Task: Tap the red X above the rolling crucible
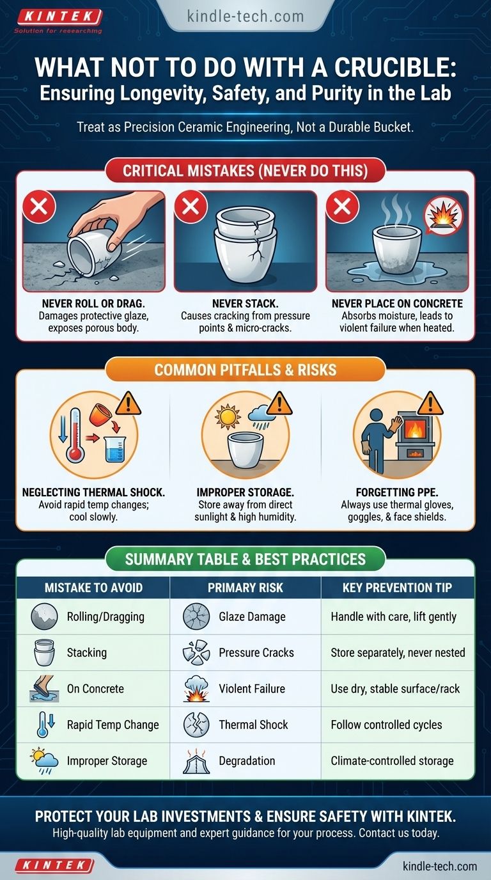tap(39, 207)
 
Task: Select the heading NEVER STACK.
tap(245, 304)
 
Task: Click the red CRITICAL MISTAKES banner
tap(245, 171)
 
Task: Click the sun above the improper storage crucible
tap(228, 417)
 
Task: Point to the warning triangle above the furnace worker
tap(430, 404)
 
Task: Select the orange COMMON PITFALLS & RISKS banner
tap(245, 370)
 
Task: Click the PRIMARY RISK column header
tap(245, 588)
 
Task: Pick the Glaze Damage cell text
tap(252, 617)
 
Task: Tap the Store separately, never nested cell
tap(398, 652)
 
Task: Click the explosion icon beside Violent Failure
tap(196, 688)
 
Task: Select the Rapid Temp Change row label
tap(113, 725)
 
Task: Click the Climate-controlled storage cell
tap(392, 761)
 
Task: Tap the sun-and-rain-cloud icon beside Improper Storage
tap(44, 760)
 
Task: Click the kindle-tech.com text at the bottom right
tap(440, 866)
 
